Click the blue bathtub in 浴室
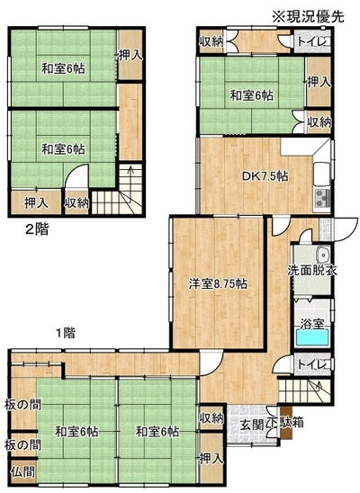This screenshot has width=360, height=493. [x=313, y=338]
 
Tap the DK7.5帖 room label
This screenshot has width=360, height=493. [x=265, y=176]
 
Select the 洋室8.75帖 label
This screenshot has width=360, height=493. [x=218, y=283]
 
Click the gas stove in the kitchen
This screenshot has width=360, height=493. [x=322, y=198]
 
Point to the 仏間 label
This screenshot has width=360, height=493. [x=22, y=471]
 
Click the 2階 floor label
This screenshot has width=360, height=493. [x=37, y=229]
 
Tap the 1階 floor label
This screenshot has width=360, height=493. [x=66, y=333]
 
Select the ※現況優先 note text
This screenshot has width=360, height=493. [x=308, y=16]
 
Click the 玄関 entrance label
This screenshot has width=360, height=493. [x=251, y=423]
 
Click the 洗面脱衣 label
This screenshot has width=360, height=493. [x=312, y=271]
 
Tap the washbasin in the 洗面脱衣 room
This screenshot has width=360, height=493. [x=323, y=254]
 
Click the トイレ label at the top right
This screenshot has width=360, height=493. [x=313, y=41]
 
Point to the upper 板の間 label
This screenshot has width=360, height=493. [x=22, y=405]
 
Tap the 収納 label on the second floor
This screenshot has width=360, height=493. [x=76, y=203]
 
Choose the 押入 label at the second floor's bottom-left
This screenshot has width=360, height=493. [x=37, y=203]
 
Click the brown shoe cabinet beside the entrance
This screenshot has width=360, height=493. [x=286, y=423]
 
